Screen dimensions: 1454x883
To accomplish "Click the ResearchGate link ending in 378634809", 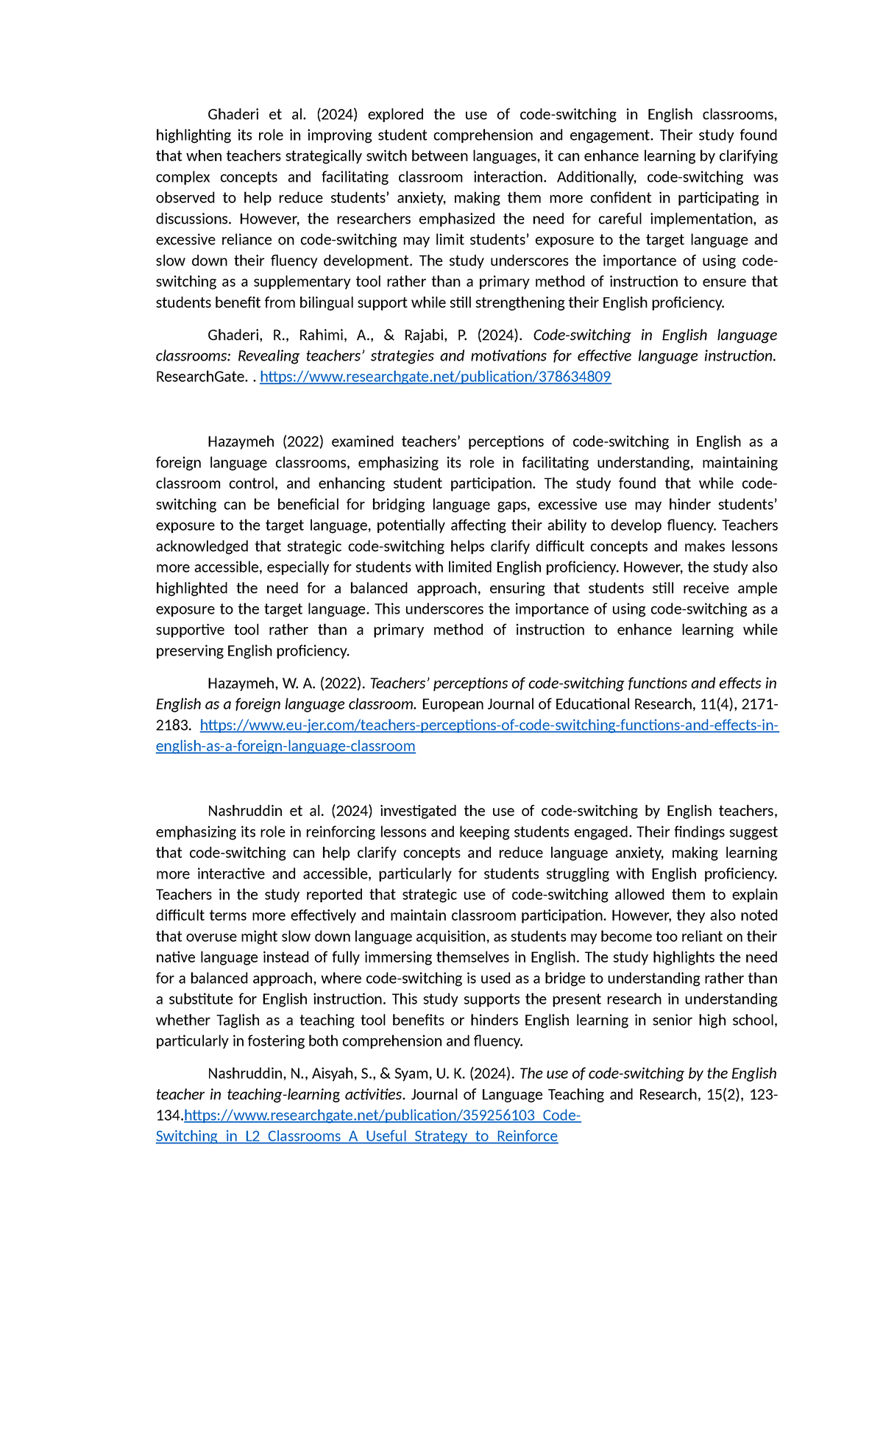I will tap(435, 377).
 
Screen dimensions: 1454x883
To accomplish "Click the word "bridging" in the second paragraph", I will tap(399, 504).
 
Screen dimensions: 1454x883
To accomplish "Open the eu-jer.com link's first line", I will tap(489, 725).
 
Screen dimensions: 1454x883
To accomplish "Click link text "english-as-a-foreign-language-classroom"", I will tap(286, 746).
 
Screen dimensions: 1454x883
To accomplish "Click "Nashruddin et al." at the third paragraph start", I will tap(266, 811).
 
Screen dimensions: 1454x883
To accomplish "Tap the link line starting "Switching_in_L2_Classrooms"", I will tap(356, 1136).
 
